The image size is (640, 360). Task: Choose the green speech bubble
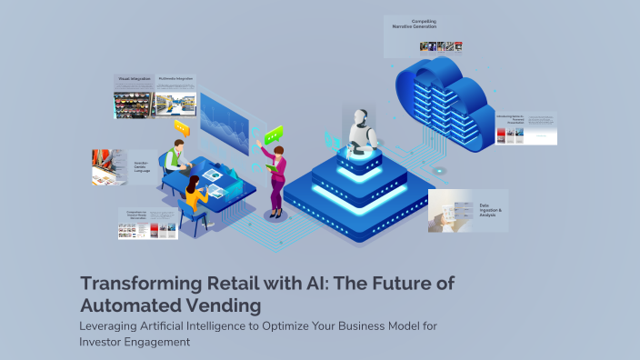point(274,134)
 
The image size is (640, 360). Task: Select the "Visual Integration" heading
point(134,79)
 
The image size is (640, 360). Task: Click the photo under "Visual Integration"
point(134,103)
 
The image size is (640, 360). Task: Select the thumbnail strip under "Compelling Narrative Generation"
point(441,46)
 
